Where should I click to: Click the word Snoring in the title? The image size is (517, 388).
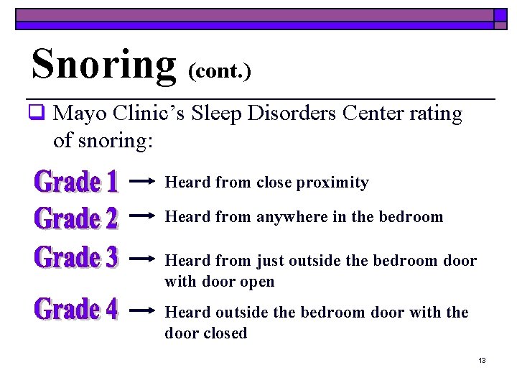(x=103, y=63)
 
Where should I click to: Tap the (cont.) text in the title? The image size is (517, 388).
(x=220, y=71)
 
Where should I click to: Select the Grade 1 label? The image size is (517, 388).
(x=76, y=181)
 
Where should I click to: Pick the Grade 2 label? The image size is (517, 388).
(x=76, y=217)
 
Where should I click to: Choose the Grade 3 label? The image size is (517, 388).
(x=76, y=257)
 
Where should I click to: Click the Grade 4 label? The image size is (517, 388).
(x=76, y=310)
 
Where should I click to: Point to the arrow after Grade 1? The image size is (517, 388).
(x=142, y=182)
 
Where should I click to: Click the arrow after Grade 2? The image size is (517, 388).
(x=142, y=215)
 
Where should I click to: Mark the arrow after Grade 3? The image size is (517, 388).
(x=142, y=257)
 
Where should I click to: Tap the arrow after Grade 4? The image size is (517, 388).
(x=142, y=310)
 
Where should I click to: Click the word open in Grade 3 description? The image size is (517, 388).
(x=258, y=281)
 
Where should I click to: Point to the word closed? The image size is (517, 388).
(x=225, y=333)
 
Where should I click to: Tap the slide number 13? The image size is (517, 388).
(x=482, y=360)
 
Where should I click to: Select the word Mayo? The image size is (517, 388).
(x=75, y=114)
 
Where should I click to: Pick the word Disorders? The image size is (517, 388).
(x=297, y=114)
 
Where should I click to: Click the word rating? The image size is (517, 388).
(x=438, y=114)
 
